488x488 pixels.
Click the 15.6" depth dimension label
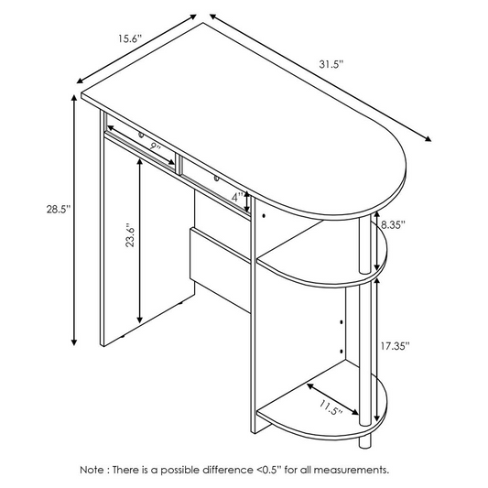click(x=130, y=38)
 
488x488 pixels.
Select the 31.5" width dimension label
click(x=331, y=64)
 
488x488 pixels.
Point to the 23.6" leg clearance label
click(x=130, y=235)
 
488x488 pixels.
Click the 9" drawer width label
click(x=155, y=146)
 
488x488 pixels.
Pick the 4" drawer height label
click(x=237, y=197)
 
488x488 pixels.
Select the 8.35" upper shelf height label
click(x=394, y=224)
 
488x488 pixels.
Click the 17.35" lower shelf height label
click(x=396, y=345)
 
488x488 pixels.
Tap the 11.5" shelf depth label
click(x=331, y=407)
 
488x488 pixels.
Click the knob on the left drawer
click(x=141, y=136)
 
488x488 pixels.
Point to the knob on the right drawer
click(x=216, y=179)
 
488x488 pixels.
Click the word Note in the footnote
click(x=92, y=470)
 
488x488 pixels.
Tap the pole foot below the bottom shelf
click(x=365, y=443)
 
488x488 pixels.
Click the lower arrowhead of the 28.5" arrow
click(x=74, y=342)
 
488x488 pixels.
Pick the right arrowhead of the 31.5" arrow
click(x=428, y=139)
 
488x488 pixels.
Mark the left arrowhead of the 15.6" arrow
click(x=81, y=81)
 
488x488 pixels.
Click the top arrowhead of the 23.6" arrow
click(x=140, y=163)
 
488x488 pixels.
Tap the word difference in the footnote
click(x=228, y=470)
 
